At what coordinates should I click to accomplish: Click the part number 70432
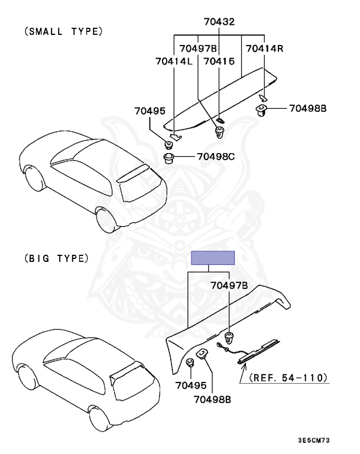[x=219, y=22]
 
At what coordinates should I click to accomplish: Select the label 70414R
[x=264, y=48]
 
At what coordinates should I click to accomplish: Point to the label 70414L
[x=174, y=61]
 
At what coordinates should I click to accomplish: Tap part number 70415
[x=219, y=61]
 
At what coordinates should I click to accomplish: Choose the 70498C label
[x=216, y=157]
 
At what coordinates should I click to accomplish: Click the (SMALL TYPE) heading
[x=63, y=31]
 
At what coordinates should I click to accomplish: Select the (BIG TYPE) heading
[x=57, y=258]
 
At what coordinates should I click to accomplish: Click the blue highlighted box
[x=213, y=258]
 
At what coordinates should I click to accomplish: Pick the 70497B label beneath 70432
[x=198, y=48]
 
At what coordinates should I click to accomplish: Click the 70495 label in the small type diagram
[x=150, y=111]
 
